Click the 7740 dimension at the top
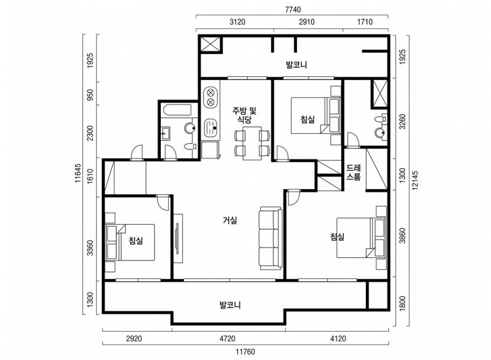[293, 10]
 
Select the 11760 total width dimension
[245, 352]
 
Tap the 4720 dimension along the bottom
[227, 338]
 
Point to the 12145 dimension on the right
[415, 181]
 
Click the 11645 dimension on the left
[78, 173]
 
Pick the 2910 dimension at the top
[306, 22]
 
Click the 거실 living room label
[230, 221]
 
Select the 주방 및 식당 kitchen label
[244, 115]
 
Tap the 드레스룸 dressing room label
[354, 173]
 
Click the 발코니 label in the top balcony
[296, 65]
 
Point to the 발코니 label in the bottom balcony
[230, 305]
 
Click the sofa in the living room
[271, 238]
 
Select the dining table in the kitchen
[252, 143]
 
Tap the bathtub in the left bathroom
[177, 111]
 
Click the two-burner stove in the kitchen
[211, 98]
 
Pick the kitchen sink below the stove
[211, 128]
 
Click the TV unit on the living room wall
[178, 238]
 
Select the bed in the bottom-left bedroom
[130, 242]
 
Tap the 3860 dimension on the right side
[403, 235]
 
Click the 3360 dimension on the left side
[90, 248]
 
